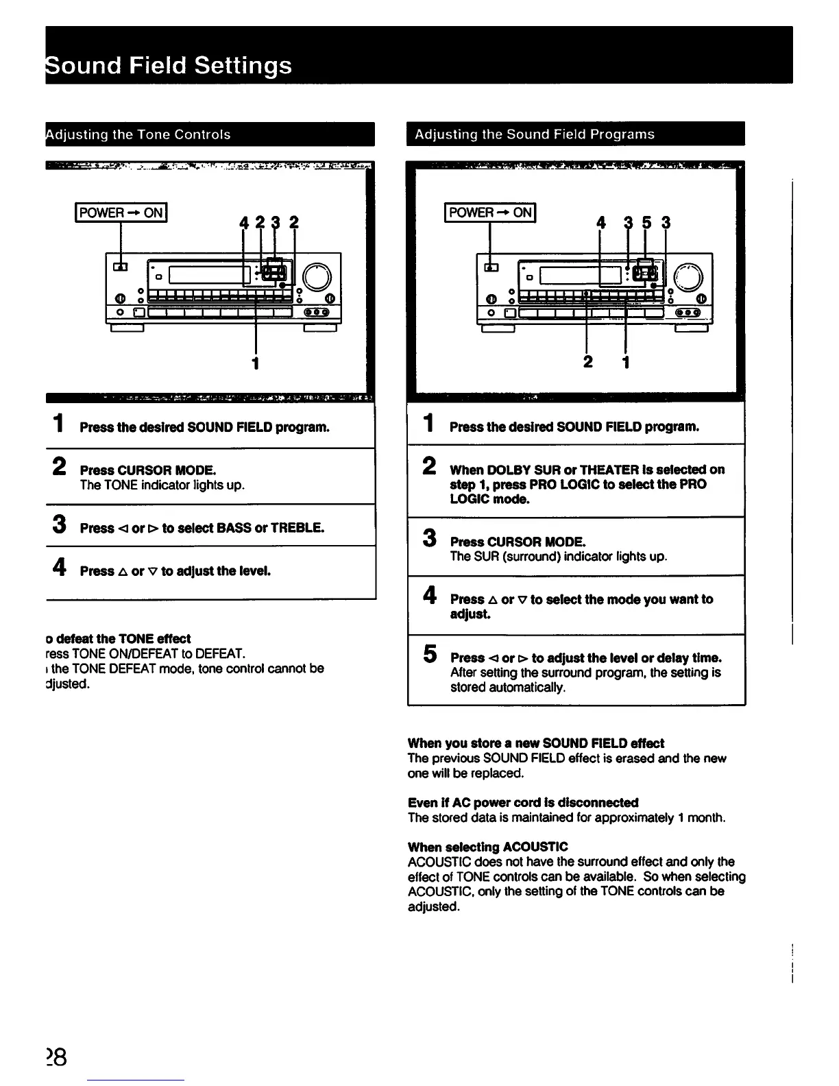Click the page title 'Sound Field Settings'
(169, 66)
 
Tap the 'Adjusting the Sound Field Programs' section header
(535, 134)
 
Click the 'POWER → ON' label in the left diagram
(121, 213)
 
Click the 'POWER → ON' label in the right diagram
(490, 213)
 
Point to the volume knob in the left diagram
(317, 277)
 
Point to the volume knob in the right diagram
(688, 277)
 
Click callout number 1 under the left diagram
(256, 363)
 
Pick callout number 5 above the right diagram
(646, 223)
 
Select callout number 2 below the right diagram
(587, 361)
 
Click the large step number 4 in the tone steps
(60, 568)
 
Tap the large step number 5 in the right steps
(430, 655)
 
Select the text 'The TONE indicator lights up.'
(162, 485)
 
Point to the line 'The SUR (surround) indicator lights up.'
(558, 557)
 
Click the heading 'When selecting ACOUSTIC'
(487, 847)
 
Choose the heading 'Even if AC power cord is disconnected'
(522, 802)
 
